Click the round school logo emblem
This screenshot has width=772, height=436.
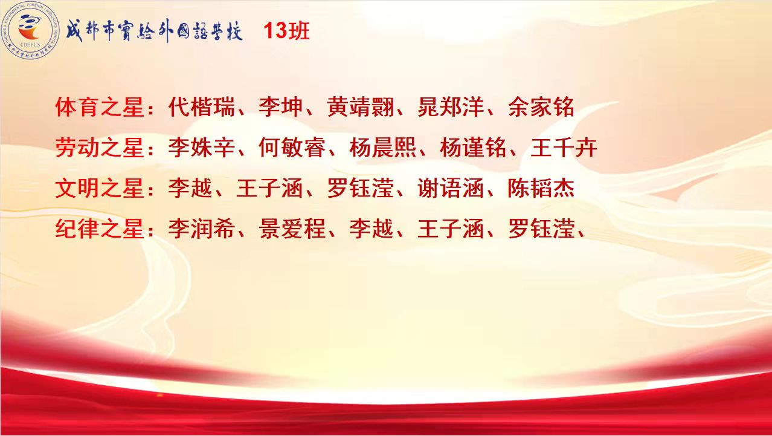point(30,31)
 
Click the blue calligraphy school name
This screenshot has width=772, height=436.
point(154,31)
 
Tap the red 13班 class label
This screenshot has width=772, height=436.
point(287,31)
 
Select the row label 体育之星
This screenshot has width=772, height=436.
point(99,107)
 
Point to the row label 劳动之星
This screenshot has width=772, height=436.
point(99,148)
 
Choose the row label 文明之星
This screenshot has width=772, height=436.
point(99,188)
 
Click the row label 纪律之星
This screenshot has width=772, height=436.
point(99,229)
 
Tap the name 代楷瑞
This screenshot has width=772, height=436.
point(202,107)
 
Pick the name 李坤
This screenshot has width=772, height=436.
point(281,107)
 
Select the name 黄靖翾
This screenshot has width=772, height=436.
point(360,107)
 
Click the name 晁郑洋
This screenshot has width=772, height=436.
point(451,107)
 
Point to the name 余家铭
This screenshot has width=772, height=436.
point(541,107)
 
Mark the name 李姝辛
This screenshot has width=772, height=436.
point(202,148)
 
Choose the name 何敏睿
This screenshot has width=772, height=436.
point(292,148)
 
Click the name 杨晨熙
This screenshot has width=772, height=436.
point(383,148)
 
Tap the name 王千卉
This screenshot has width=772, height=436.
point(564,148)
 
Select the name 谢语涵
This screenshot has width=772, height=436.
point(451,188)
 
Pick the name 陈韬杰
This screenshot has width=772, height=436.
point(541,188)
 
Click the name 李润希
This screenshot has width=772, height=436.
point(202,229)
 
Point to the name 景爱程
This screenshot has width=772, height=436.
point(292,229)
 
